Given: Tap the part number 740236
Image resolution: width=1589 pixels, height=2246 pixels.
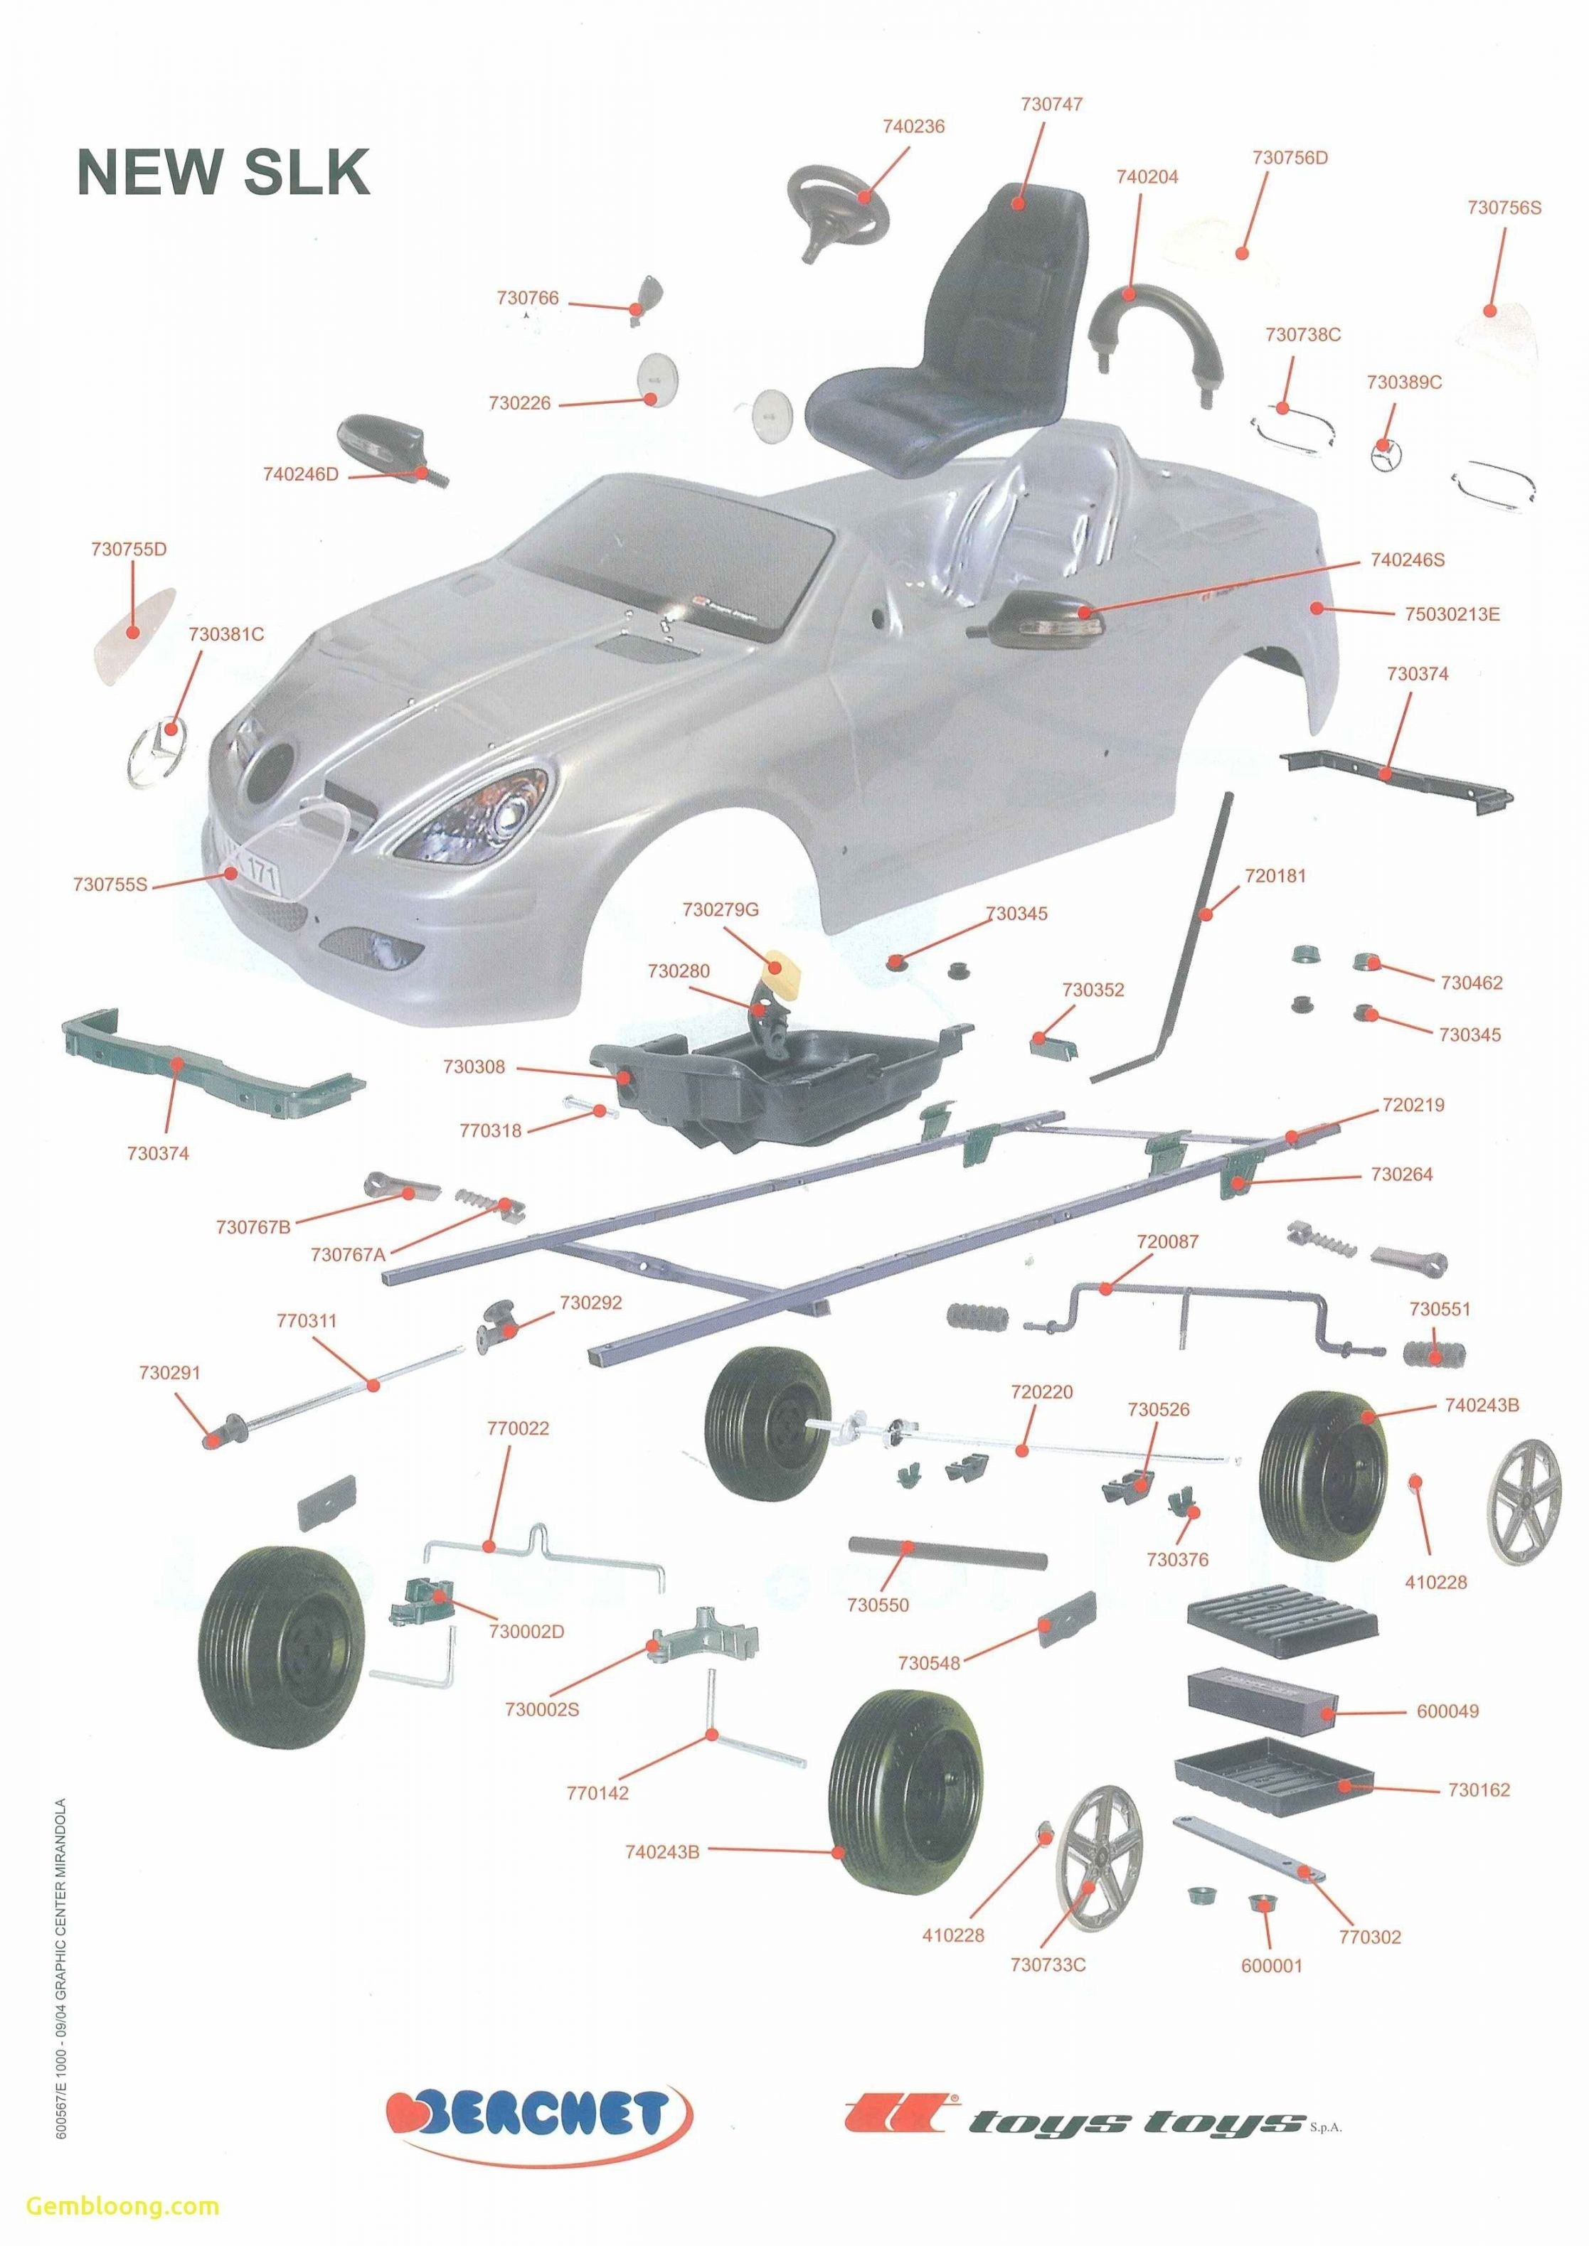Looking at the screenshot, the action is pyautogui.click(x=913, y=126).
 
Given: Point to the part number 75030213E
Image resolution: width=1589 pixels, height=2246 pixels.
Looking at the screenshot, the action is pyautogui.click(x=1452, y=614).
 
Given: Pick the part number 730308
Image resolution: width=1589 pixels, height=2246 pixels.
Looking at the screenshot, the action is pyautogui.click(x=474, y=1066).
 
